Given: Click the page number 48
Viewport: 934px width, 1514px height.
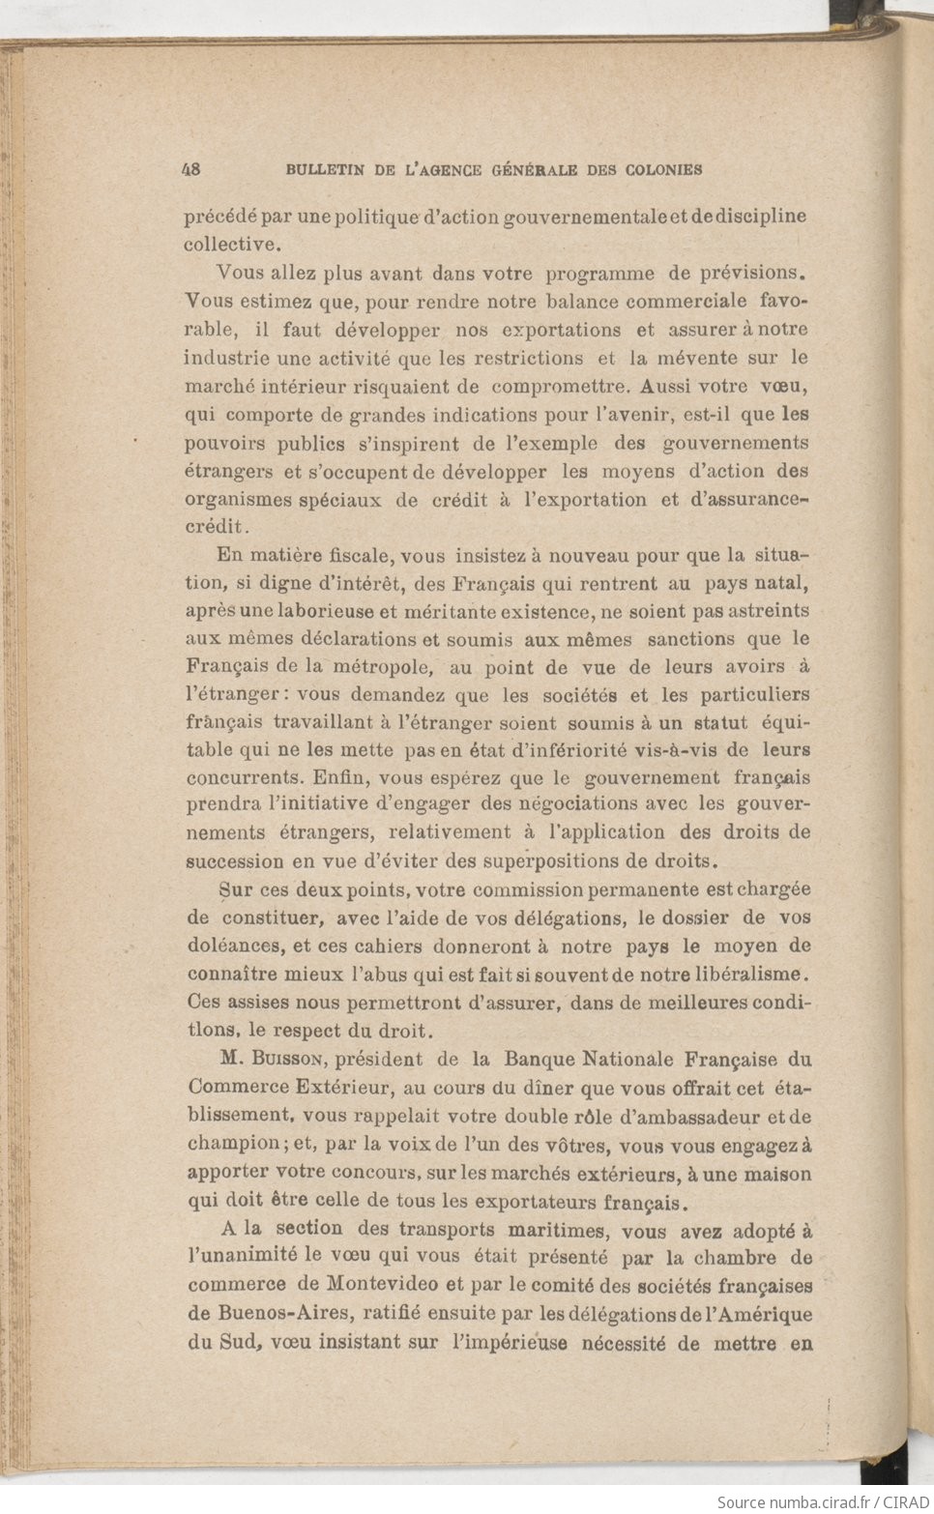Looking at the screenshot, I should coord(190,169).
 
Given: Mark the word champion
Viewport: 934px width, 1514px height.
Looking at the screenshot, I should coord(233,1144).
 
